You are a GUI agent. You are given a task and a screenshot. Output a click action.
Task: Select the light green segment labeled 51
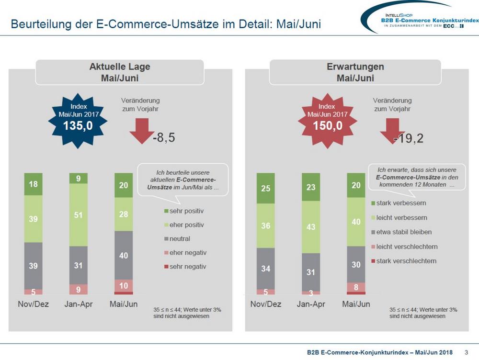tap(78, 215)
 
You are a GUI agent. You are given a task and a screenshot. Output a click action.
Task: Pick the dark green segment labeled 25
tap(265, 188)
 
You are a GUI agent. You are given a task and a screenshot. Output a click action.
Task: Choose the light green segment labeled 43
tap(311, 227)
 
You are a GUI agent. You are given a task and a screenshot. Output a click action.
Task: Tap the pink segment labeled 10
tap(124, 285)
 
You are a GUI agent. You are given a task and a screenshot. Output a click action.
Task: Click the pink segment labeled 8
tap(356, 287)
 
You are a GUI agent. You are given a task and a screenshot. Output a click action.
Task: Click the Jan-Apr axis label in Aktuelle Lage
tap(78, 304)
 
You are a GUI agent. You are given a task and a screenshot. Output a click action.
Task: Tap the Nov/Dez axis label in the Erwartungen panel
tap(265, 304)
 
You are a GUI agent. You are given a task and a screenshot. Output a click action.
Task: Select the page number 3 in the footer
tap(467, 352)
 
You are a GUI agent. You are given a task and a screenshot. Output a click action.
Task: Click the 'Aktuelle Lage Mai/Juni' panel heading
tap(120, 72)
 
